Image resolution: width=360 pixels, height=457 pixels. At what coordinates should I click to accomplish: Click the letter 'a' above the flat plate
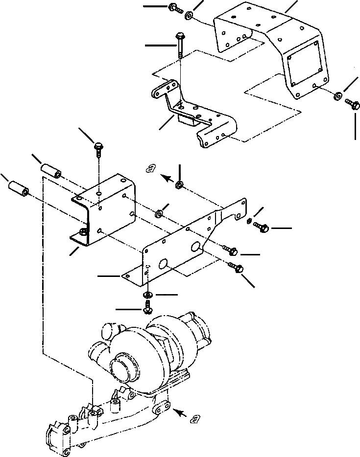coord(152,168)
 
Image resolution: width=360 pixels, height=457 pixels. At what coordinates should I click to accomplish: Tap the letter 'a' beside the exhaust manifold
coord(196,418)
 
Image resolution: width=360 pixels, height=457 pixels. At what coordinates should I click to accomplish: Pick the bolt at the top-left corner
coord(174,8)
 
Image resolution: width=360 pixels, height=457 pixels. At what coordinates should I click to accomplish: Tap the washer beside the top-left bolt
coord(189,18)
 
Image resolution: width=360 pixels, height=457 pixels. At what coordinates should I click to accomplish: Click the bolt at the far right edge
coord(350,104)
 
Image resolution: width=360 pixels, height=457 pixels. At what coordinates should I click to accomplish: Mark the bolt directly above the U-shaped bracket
coord(98,148)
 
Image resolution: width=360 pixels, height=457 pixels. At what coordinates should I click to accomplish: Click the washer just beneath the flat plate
coord(147,295)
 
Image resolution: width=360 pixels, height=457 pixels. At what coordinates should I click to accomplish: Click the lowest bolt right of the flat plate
coord(238,268)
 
